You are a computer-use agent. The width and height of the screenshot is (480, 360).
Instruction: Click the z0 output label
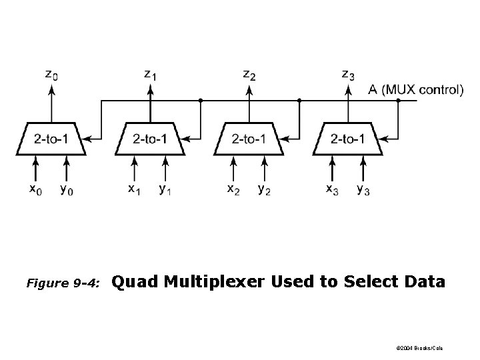pyautogui.click(x=51, y=75)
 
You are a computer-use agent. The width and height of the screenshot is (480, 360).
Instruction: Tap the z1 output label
pyautogui.click(x=151, y=75)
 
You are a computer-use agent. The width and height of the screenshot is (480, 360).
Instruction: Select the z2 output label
pyautogui.click(x=249, y=75)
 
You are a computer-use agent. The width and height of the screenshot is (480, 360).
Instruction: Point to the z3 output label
pyautogui.click(x=348, y=75)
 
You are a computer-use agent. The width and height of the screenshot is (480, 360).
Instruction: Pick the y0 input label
pyautogui.click(x=67, y=190)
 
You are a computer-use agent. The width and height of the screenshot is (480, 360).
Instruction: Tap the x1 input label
pyautogui.click(x=135, y=190)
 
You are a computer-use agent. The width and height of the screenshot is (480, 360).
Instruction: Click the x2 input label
pyautogui.click(x=233, y=190)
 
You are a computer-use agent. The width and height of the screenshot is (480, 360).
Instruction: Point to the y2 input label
pyautogui.click(x=264, y=190)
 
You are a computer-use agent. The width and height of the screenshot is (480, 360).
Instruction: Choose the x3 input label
pyautogui.click(x=332, y=190)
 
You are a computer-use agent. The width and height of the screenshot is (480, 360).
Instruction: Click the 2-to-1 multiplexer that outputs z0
pyautogui.click(x=51, y=139)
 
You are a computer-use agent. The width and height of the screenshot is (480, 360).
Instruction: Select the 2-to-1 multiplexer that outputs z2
pyautogui.click(x=249, y=139)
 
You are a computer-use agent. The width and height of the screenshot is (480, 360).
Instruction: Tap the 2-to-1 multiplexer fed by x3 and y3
pyautogui.click(x=348, y=139)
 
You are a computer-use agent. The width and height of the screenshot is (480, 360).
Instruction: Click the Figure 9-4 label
pyautogui.click(x=63, y=283)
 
